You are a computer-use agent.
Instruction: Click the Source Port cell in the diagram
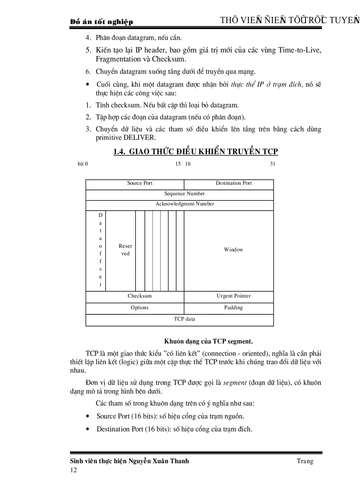point(139,183)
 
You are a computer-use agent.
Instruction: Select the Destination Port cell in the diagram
point(233,183)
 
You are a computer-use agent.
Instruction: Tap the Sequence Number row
point(184,194)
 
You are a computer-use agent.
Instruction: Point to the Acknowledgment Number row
point(184,204)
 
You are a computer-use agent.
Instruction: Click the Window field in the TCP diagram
point(233,250)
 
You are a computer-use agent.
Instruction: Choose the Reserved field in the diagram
point(125,250)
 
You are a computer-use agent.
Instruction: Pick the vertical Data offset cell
point(100,250)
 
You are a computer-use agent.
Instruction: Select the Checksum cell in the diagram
point(139,296)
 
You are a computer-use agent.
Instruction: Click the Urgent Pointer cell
point(233,296)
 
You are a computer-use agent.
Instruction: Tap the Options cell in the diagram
point(139,308)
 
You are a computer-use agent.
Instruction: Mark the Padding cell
point(233,308)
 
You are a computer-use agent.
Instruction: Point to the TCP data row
point(184,319)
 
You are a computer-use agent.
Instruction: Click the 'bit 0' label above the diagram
point(82,164)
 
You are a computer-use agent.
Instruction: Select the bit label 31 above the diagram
point(272,164)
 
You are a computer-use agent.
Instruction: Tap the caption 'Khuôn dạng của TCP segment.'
point(208,341)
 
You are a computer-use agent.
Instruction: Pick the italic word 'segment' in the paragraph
point(234,383)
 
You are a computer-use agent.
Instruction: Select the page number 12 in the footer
point(73,470)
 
